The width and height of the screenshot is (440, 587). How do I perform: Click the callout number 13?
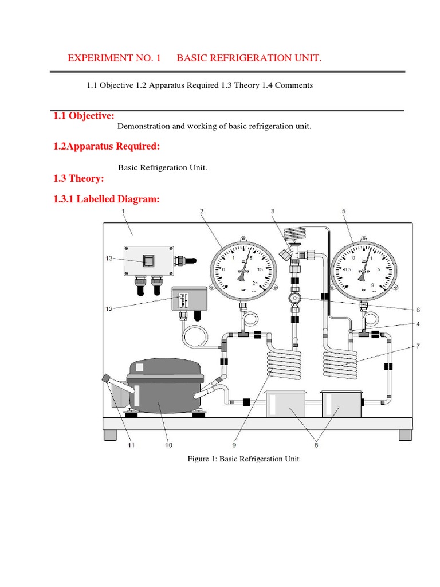[109, 259]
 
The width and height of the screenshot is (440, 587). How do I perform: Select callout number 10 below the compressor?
[168, 444]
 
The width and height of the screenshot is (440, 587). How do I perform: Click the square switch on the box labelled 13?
[148, 260]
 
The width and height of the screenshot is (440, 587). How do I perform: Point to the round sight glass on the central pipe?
[295, 299]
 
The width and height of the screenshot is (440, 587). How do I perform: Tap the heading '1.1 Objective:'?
[84, 116]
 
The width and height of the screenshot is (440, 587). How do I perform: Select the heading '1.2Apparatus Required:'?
[106, 146]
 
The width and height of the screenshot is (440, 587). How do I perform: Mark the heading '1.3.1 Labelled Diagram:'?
[106, 199]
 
